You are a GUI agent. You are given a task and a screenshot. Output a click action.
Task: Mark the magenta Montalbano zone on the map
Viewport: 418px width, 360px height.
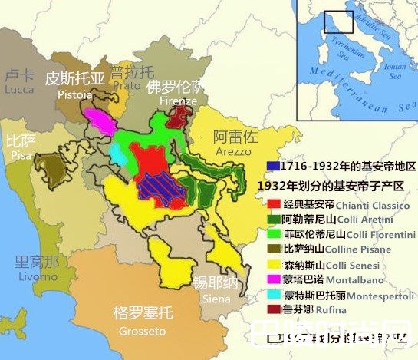[x=100, y=119]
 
